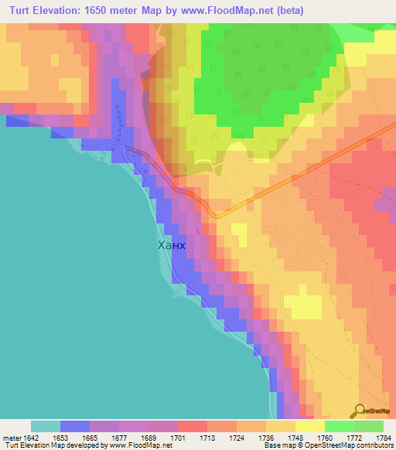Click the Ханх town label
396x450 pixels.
(172, 246)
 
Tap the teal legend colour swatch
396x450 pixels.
(45, 426)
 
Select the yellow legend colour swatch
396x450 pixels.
(309, 426)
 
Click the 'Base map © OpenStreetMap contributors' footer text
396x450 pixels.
(328, 445)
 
